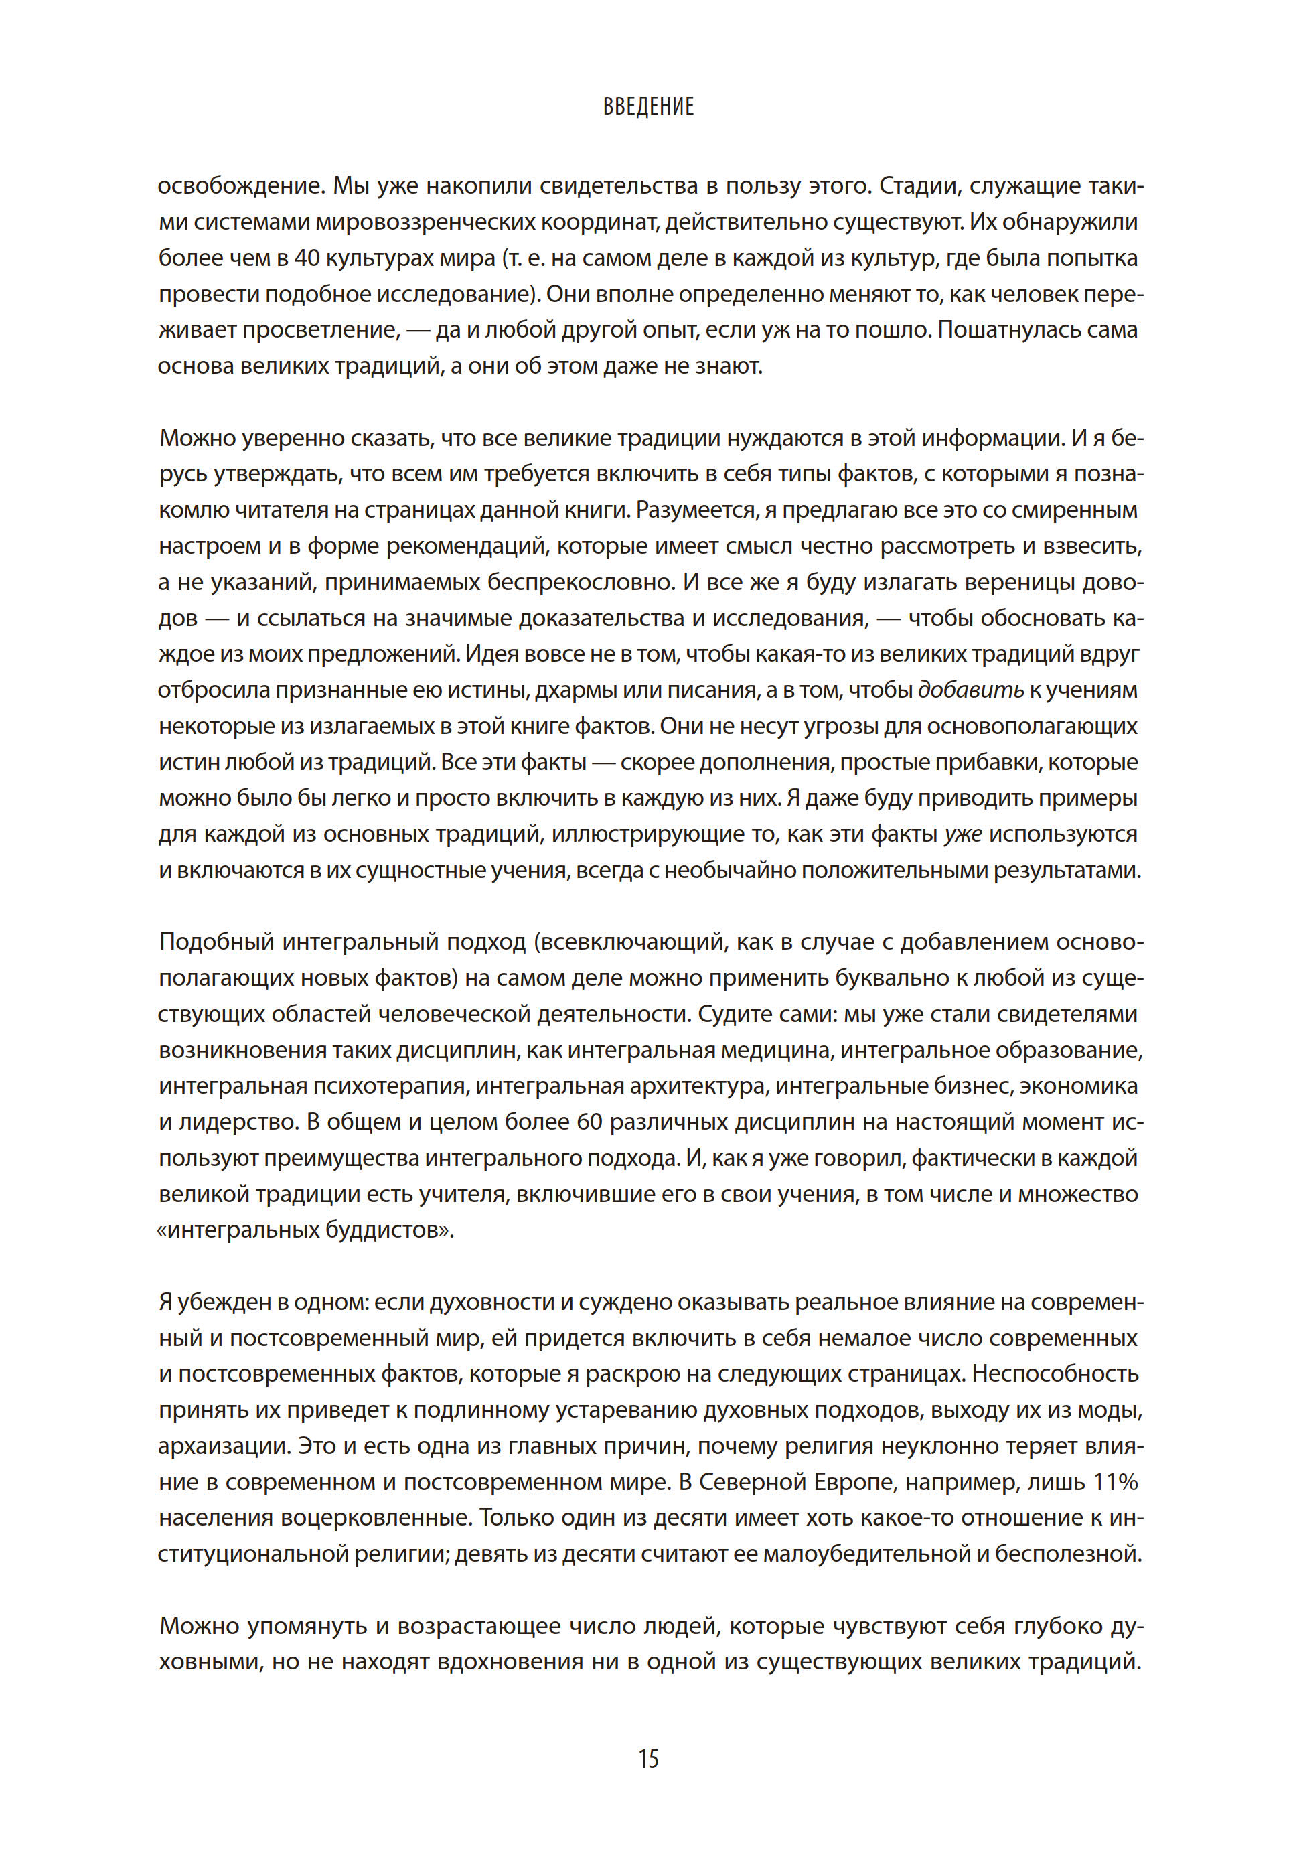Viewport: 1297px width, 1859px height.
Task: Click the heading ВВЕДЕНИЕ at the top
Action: coord(648,107)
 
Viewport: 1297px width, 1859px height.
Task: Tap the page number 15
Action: coord(648,1759)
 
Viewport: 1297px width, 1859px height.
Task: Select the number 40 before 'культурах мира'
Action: coord(307,258)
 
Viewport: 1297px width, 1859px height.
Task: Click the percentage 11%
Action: coord(1116,1483)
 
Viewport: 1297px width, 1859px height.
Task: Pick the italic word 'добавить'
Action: coord(971,690)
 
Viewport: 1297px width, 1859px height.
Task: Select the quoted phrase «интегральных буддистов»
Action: coord(306,1231)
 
